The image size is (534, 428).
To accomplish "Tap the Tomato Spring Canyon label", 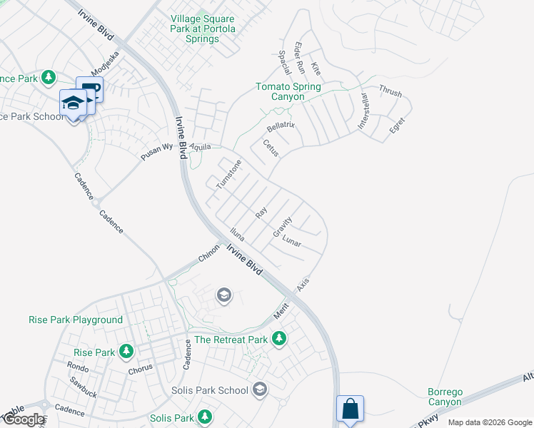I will pyautogui.click(x=288, y=92).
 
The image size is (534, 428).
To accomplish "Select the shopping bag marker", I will pyautogui.click(x=350, y=409).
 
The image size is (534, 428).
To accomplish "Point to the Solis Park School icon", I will pyautogui.click(x=260, y=389).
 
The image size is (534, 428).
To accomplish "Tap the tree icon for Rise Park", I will pyautogui.click(x=126, y=352).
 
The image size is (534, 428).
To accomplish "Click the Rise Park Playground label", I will pyautogui.click(x=76, y=320).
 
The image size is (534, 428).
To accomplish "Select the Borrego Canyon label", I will pyautogui.click(x=445, y=397).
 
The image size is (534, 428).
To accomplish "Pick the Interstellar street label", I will pyautogui.click(x=363, y=111).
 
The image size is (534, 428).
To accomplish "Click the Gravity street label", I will pyautogui.click(x=282, y=228).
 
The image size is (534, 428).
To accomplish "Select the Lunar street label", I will pyautogui.click(x=292, y=243).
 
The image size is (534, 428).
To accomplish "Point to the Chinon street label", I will pyautogui.click(x=209, y=255).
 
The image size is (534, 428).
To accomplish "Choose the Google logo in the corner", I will pyautogui.click(x=24, y=419).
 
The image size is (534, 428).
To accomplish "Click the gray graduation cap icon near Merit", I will pyautogui.click(x=224, y=295).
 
